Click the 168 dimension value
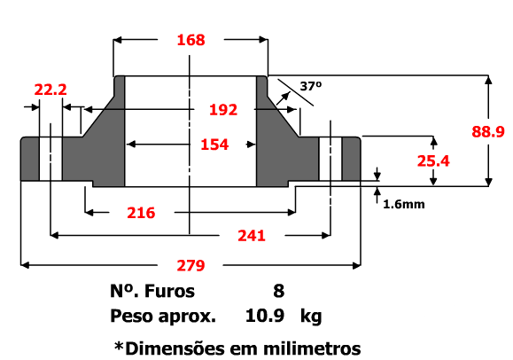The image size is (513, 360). pos(190,40)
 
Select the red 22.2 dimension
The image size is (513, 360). pos(51,90)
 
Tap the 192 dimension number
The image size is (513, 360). pos(223,110)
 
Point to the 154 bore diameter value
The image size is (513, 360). pos(214,145)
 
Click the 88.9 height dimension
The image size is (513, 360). pos(488,132)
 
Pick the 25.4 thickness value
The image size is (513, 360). pos(433,160)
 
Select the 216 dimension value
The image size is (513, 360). pos(141,213)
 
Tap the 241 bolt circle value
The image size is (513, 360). pos(252,236)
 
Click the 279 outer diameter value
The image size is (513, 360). pos(190,265)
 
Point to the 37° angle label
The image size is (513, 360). pos(311,86)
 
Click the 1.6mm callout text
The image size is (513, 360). pos(404,204)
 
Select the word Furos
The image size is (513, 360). pos(169,291)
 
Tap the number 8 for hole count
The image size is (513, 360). pos(279,291)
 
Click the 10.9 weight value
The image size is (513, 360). pos(265,316)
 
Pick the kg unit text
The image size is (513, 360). pos(311,317)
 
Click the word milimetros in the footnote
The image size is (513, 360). pos(312,348)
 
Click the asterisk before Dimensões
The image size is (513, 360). pos(119,345)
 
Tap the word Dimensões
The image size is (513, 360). pos(175,348)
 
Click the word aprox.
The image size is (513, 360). pos(187,317)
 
